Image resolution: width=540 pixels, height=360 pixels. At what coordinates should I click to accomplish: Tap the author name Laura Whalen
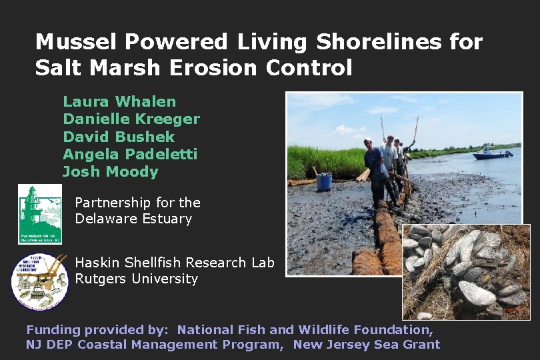[x=119, y=102]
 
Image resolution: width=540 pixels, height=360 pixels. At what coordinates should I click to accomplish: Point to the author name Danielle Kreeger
[x=131, y=119]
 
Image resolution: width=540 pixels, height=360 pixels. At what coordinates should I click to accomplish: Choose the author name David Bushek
[x=119, y=137]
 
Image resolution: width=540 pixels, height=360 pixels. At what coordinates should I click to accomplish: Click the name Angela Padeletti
[x=130, y=154]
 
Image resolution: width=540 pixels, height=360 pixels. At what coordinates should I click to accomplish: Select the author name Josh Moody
[x=111, y=172]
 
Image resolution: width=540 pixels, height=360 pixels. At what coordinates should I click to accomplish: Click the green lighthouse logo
[x=40, y=214]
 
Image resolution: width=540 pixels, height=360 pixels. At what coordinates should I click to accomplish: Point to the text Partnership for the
[x=137, y=203]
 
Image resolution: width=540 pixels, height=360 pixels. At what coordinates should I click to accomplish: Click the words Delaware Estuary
[x=133, y=219]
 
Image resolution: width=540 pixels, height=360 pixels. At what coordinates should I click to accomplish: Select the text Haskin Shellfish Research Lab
[x=175, y=263]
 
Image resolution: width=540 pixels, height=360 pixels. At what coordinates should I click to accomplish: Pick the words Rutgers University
[x=136, y=279]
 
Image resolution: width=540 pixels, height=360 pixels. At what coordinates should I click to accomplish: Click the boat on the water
[x=492, y=154]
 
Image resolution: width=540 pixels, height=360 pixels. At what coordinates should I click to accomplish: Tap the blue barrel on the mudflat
[x=324, y=181]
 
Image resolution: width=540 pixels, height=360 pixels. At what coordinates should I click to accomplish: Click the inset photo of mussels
[x=466, y=271]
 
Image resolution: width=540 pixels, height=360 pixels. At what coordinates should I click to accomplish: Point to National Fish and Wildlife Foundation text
[x=305, y=329]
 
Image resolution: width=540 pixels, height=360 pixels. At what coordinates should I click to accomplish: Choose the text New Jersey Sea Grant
[x=367, y=345]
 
